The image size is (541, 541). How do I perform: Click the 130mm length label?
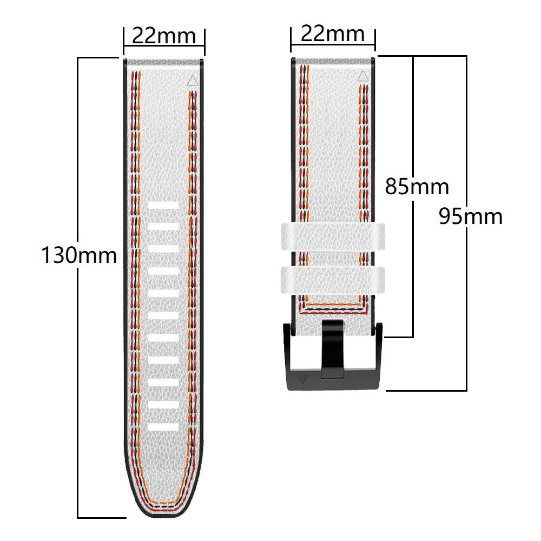[79, 255]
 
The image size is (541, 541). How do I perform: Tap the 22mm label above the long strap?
[164, 36]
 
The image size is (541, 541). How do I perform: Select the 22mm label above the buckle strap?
[333, 34]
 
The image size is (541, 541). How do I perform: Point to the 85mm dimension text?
[417, 187]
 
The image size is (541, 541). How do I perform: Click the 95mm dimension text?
[470, 216]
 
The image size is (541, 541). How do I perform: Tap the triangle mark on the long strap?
[192, 81]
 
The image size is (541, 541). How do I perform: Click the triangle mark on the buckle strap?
[362, 76]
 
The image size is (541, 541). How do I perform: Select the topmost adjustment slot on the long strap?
[163, 206]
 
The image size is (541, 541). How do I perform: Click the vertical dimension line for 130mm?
[78, 379]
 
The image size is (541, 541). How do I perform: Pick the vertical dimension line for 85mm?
[414, 270]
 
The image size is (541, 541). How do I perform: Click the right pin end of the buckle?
[379, 330]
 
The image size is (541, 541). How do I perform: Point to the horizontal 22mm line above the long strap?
[164, 47]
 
